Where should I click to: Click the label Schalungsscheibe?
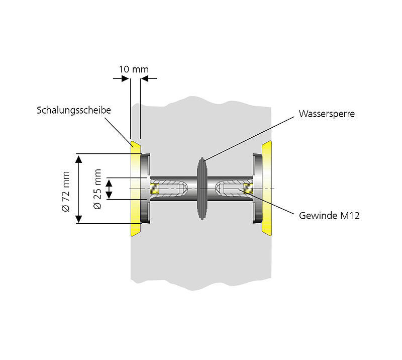[73, 110]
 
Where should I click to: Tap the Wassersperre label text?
[327, 114]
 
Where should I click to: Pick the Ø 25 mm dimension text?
[97, 189]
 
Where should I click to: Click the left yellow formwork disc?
[135, 189]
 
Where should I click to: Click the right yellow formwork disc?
[267, 189]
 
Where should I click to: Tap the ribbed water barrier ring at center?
[202, 189]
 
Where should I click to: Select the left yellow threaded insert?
[155, 189]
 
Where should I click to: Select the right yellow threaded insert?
[247, 189]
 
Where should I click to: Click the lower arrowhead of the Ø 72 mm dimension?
[78, 218]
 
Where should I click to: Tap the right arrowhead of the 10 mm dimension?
[145, 78]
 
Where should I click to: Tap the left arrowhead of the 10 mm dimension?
[125, 78]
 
